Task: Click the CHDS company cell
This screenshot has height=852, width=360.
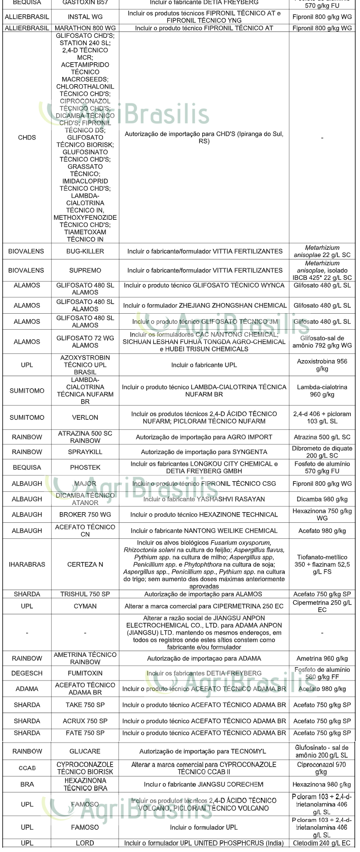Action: coord(27,137)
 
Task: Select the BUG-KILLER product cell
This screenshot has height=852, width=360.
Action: coord(85,252)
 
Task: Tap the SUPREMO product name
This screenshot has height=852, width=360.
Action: coord(85,271)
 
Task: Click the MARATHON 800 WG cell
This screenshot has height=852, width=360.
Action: coord(85,28)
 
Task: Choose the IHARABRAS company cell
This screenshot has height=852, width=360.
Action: coord(27,564)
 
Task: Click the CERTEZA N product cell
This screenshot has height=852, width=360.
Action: coord(85,564)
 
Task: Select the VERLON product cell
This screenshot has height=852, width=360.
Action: coord(85,417)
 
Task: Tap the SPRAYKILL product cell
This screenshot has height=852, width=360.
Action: coord(85,452)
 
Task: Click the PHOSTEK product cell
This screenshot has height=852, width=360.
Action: coord(85,468)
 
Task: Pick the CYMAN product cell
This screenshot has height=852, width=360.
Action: coord(85,606)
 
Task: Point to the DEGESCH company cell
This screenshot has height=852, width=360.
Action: coord(27,673)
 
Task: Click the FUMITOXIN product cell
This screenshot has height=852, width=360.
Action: coord(85,673)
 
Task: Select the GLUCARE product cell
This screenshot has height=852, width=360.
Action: coord(85,751)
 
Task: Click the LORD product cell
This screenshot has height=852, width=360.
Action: coord(85,843)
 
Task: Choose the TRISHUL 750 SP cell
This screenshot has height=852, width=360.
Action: coord(85,594)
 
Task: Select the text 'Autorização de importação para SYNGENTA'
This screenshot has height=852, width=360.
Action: coord(204,452)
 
